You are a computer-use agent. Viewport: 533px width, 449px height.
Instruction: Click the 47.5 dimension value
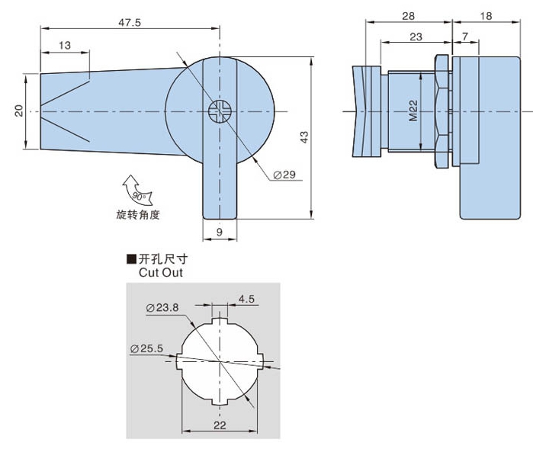[130, 22]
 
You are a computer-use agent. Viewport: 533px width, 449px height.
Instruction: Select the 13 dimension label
[64, 46]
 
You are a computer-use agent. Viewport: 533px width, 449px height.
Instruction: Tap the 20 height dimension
[18, 111]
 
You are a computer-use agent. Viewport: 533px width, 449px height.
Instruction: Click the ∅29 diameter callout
[284, 175]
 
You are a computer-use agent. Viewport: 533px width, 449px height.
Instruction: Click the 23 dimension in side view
[416, 36]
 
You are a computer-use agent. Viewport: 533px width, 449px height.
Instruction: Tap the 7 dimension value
[464, 36]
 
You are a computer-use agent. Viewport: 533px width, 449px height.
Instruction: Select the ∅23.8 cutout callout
[162, 307]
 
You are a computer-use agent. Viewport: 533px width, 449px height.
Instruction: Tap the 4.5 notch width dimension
[246, 299]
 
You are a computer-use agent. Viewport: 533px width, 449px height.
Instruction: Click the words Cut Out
[160, 271]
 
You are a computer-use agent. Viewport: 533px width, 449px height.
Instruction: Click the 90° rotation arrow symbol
[136, 191]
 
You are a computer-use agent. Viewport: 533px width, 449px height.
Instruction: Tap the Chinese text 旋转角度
[138, 214]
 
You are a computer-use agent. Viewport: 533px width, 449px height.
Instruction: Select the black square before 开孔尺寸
[131, 259]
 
